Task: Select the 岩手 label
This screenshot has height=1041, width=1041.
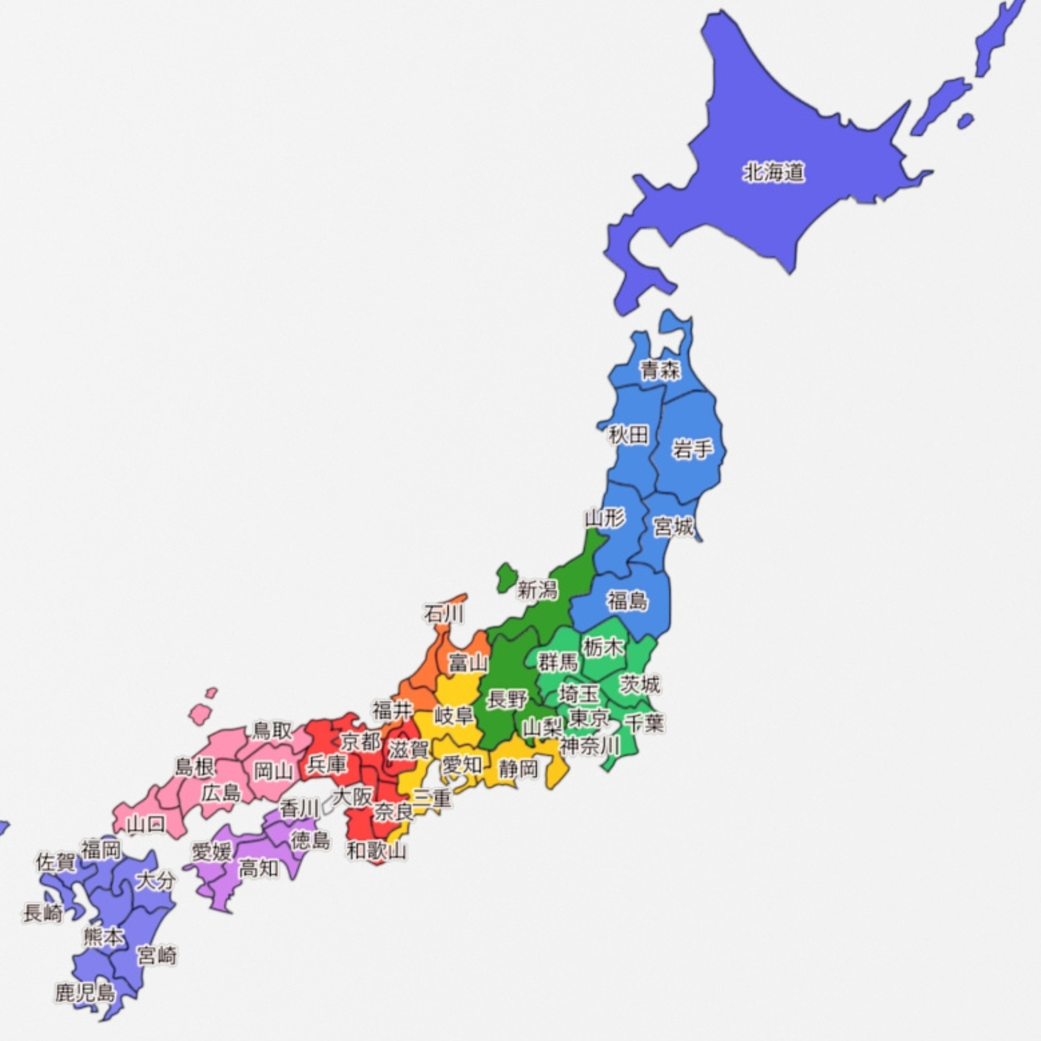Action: tap(692, 448)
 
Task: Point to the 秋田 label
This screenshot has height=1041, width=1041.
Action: tap(628, 434)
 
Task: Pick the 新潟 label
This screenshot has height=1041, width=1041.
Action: tap(537, 591)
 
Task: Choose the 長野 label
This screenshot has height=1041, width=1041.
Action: tap(507, 700)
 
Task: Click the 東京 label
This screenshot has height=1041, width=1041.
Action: tap(590, 718)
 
